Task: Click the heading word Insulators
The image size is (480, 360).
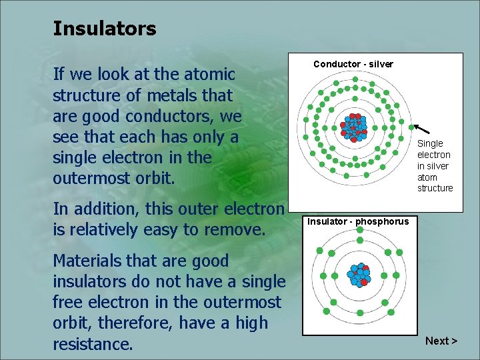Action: click(104, 29)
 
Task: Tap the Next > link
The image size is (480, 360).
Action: click(441, 341)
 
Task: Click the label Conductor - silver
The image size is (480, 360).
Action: click(353, 64)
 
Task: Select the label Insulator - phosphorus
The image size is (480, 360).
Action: click(358, 221)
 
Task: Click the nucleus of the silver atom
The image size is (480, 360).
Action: click(353, 126)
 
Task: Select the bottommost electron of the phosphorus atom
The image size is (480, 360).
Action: click(359, 321)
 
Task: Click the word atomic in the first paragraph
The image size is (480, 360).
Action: click(209, 75)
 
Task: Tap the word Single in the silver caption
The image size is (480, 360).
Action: click(430, 143)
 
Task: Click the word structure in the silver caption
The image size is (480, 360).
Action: click(435, 189)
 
